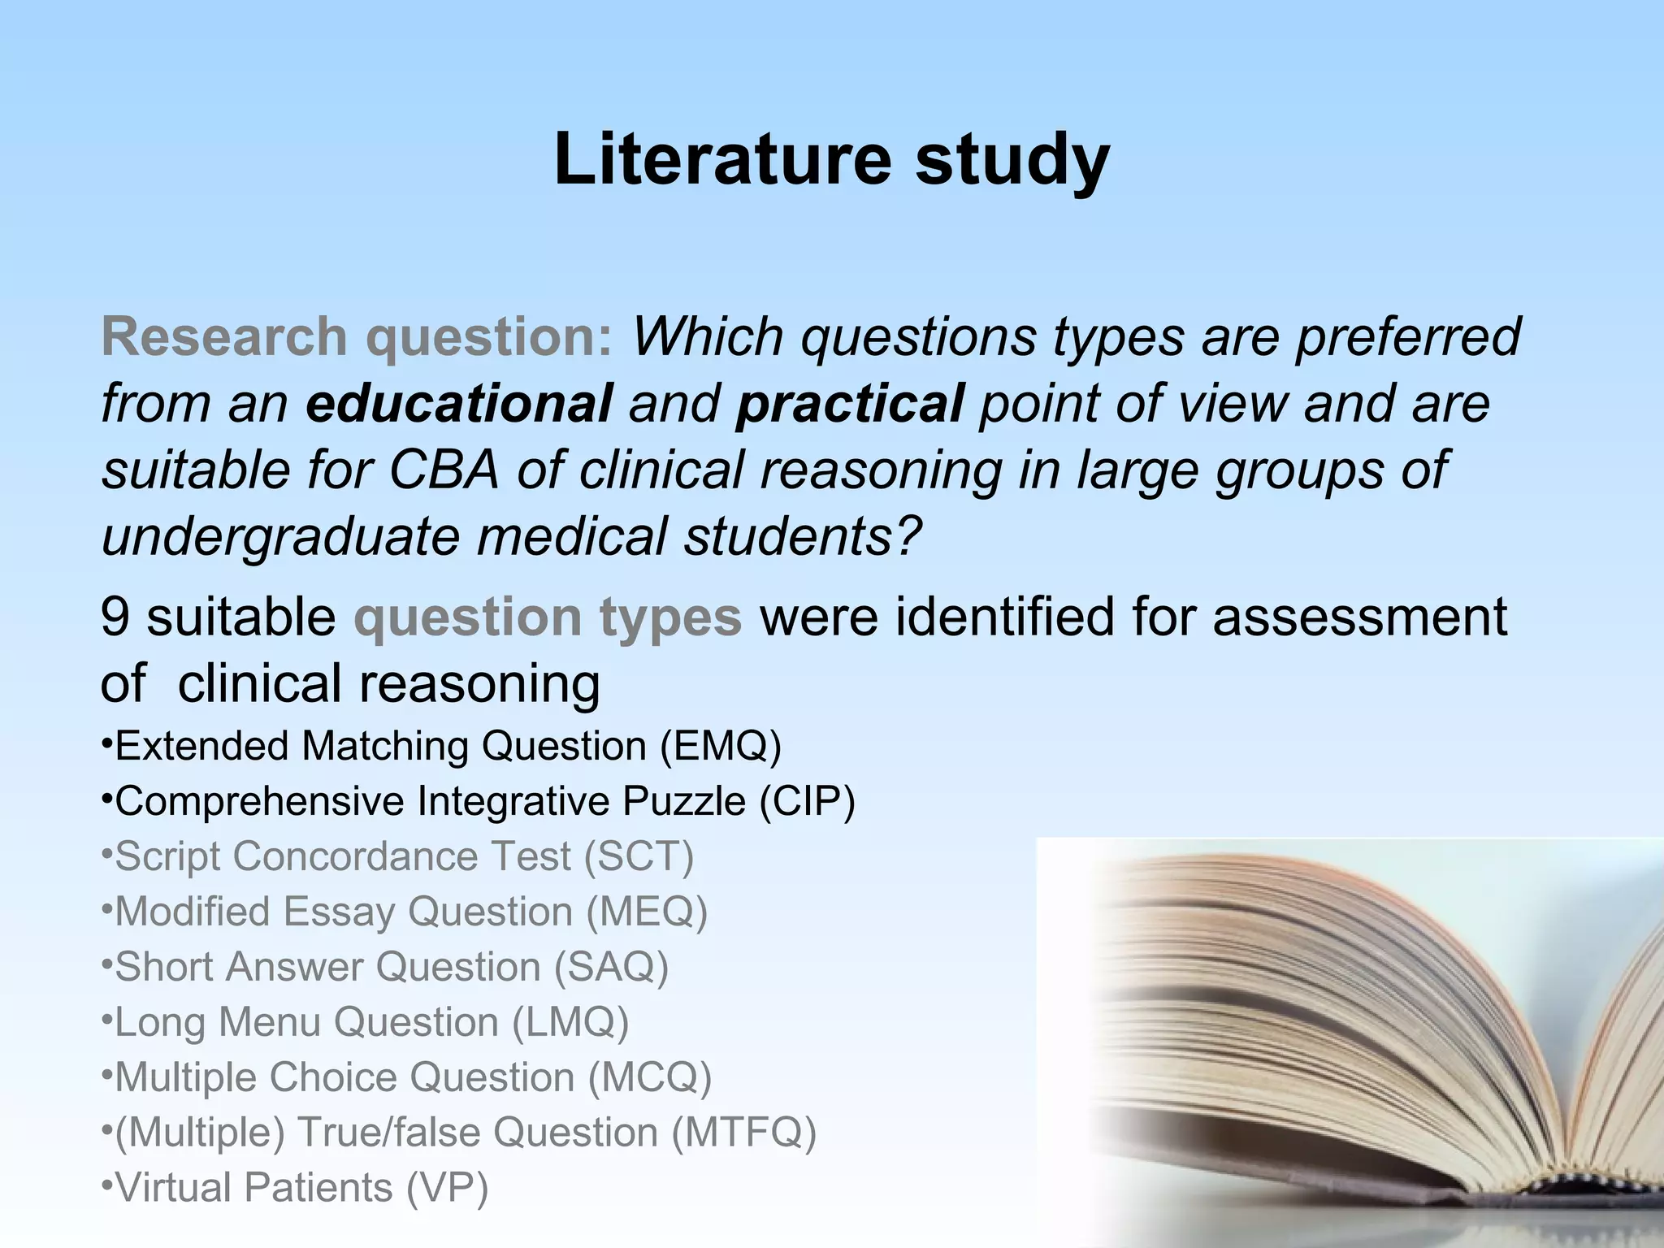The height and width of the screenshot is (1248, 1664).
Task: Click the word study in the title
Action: click(1012, 161)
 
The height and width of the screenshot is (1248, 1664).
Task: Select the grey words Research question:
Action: click(357, 336)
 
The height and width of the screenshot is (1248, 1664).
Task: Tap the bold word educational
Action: click(459, 404)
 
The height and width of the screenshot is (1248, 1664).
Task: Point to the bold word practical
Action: click(849, 404)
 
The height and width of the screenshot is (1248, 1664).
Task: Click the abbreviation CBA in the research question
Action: click(444, 470)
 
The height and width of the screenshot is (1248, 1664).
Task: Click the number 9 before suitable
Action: click(115, 617)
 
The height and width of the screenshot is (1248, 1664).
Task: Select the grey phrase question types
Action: click(548, 617)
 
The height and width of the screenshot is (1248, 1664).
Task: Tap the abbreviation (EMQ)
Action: click(721, 746)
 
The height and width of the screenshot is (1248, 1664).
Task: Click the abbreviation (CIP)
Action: click(807, 801)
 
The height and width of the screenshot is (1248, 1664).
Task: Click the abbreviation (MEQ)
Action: click(647, 912)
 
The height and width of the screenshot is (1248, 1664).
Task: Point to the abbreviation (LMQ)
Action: click(570, 1022)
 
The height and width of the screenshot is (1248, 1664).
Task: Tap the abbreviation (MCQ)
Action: click(649, 1077)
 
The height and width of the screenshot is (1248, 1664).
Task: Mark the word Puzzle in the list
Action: click(684, 801)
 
